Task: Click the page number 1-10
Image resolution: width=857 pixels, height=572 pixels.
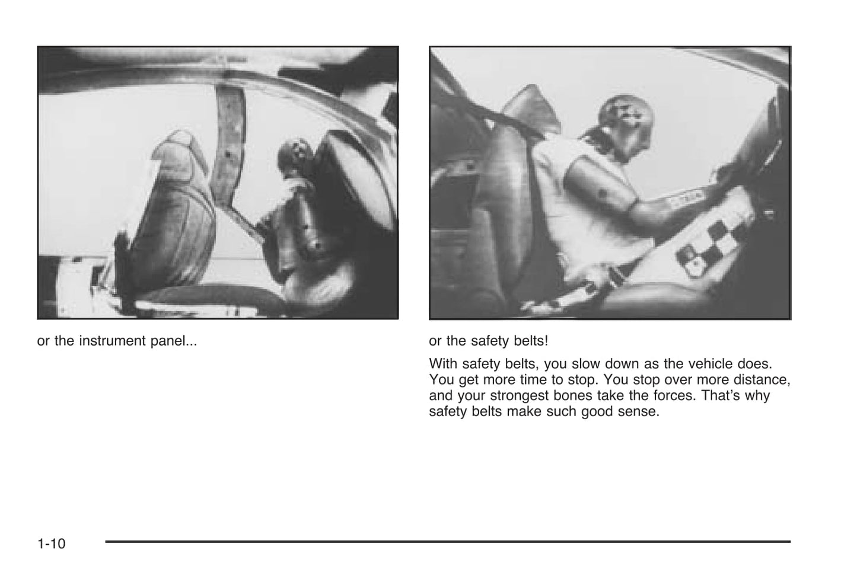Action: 51,543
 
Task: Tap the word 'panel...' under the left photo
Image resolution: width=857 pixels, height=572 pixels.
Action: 176,341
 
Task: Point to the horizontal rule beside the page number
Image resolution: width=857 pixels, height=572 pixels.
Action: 448,541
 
